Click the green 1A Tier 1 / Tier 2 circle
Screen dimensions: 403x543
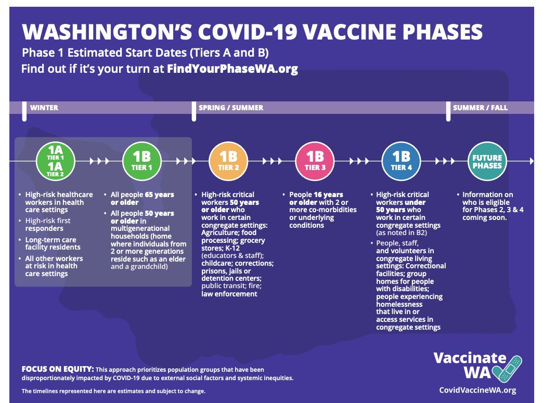[x=56, y=161]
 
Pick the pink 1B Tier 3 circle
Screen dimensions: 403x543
[x=315, y=161]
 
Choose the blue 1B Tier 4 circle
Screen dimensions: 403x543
[x=402, y=161]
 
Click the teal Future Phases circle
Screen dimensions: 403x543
[x=487, y=161]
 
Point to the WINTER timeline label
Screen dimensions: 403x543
[x=44, y=108]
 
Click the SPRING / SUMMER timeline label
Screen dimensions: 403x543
[x=230, y=108]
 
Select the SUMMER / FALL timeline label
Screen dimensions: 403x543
[x=480, y=108]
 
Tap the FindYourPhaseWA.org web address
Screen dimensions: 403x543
[x=232, y=69]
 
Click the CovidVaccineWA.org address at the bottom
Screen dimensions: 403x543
[x=477, y=390]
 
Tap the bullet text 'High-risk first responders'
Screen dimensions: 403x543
[x=48, y=224]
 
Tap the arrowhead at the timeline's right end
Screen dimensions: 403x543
[x=531, y=161]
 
